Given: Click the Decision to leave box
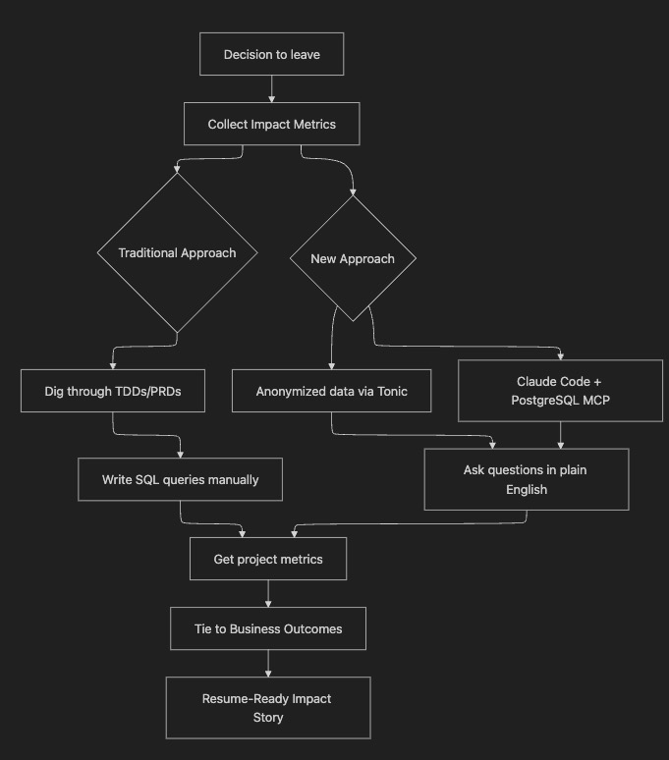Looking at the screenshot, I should (x=271, y=55).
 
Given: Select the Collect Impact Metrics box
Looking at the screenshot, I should (x=271, y=125).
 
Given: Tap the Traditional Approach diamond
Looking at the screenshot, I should (x=177, y=252).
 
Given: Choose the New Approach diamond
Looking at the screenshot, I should (x=352, y=259).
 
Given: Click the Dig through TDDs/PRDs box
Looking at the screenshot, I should (x=113, y=391).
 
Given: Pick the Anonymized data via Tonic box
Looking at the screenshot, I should (x=331, y=391).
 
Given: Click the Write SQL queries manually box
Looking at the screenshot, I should (x=180, y=480).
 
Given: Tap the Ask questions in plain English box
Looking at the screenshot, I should (x=526, y=479).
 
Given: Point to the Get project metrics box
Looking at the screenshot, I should (x=268, y=560).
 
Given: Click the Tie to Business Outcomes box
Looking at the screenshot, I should (x=268, y=628).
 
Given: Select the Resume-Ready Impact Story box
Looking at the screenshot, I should (x=268, y=707).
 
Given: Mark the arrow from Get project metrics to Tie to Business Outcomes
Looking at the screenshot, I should (x=268, y=593).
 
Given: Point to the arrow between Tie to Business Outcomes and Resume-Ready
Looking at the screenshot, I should (x=268, y=663).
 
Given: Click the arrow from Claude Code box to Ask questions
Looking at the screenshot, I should (x=561, y=435).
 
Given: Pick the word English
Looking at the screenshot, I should (x=526, y=489).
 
